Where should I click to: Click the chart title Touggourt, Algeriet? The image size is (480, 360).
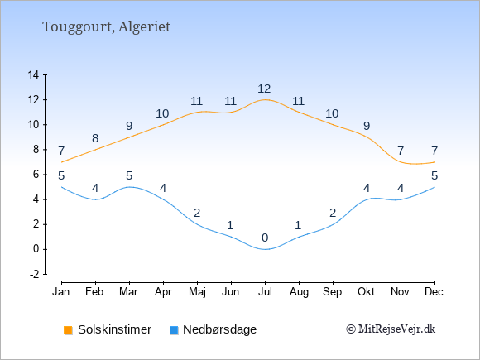[106, 27]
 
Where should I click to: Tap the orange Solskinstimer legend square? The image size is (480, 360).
[68, 330]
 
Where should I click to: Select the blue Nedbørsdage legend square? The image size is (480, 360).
[174, 330]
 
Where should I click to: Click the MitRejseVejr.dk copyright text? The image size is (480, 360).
[391, 329]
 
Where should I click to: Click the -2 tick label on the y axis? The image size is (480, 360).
[35, 274]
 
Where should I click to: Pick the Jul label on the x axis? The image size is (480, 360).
[265, 292]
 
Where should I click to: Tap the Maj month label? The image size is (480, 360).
[197, 292]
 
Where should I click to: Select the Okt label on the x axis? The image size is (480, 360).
[366, 292]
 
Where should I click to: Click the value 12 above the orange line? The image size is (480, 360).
[264, 89]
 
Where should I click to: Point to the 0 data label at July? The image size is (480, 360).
[265, 238]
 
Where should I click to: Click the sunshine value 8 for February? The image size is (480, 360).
[95, 138]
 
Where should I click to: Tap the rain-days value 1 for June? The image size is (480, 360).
[230, 225]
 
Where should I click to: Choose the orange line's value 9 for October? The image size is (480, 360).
[367, 126]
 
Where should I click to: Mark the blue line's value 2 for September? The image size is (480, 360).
[333, 213]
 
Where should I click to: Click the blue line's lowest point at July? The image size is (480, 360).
[265, 249]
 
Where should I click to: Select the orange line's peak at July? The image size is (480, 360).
[265, 99]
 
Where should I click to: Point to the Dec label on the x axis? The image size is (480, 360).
[434, 292]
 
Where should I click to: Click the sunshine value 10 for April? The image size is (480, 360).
[162, 113]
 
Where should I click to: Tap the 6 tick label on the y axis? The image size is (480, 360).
[36, 175]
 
